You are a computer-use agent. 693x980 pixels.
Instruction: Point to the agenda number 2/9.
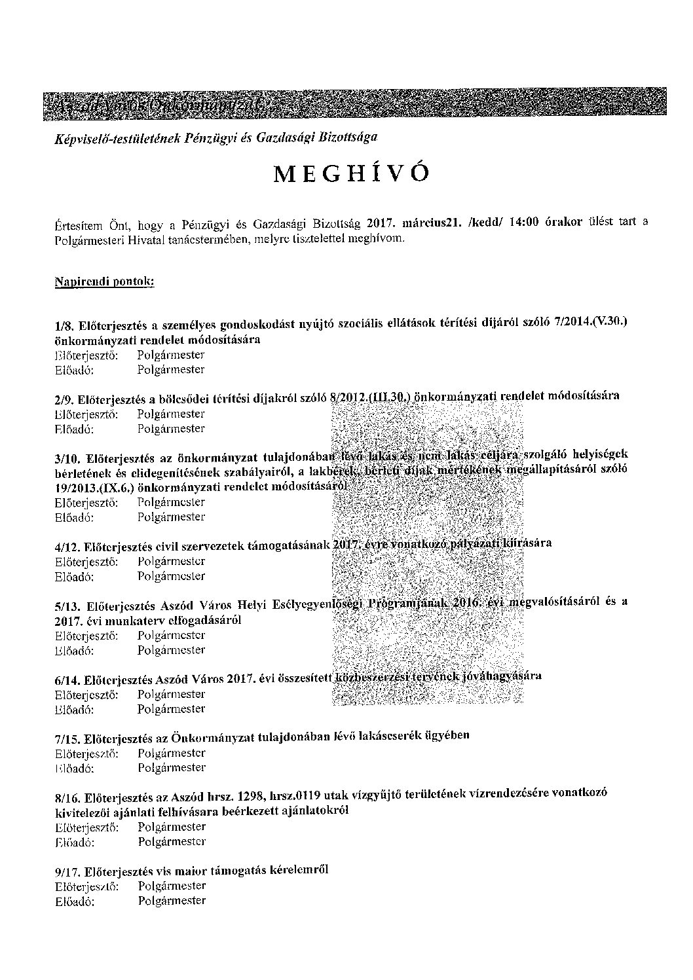click(x=64, y=399)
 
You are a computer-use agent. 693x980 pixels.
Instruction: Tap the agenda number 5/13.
click(x=68, y=606)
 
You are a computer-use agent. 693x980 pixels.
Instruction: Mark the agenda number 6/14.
click(x=68, y=680)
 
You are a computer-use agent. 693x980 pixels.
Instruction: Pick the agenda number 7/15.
click(x=68, y=739)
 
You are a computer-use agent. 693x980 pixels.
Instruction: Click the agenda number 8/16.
click(x=68, y=797)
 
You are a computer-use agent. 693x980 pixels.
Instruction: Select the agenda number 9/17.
click(x=68, y=871)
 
